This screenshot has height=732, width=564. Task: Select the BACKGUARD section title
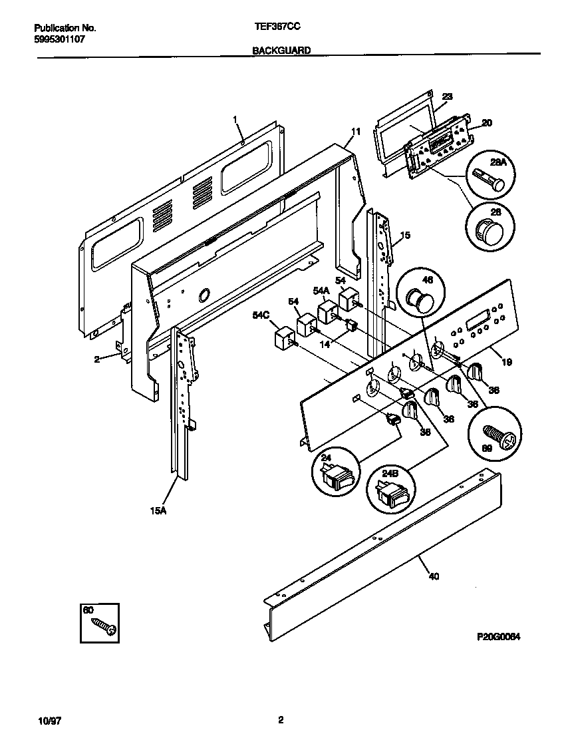tap(281, 50)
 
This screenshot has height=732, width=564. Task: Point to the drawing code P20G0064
tap(497, 636)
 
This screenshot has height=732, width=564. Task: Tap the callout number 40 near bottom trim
tap(433, 576)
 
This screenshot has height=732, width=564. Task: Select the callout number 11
tap(356, 132)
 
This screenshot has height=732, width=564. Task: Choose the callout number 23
tap(447, 96)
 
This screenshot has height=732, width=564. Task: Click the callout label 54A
tap(321, 291)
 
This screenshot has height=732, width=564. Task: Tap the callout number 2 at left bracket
tap(96, 359)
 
